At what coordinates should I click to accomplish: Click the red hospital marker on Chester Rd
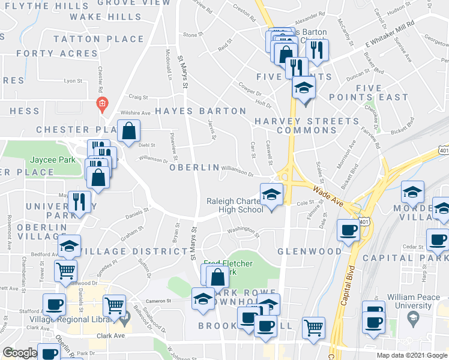(102, 103)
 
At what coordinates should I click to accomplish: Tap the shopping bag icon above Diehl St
(129, 131)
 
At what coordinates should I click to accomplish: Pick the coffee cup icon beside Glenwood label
(348, 230)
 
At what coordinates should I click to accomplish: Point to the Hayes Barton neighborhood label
(200, 111)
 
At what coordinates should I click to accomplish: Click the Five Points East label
(369, 92)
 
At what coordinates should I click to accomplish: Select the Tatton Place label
(99, 39)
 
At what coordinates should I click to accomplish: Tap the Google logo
(19, 353)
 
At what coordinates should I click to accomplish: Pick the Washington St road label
(243, 230)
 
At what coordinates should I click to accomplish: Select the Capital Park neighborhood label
(414, 259)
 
